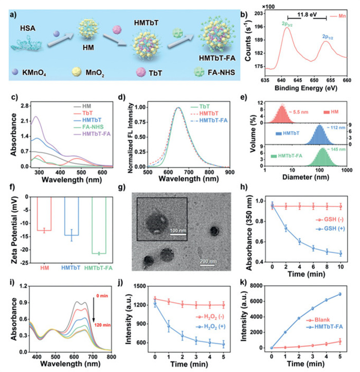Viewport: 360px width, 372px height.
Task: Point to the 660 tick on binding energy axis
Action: point(347,81)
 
